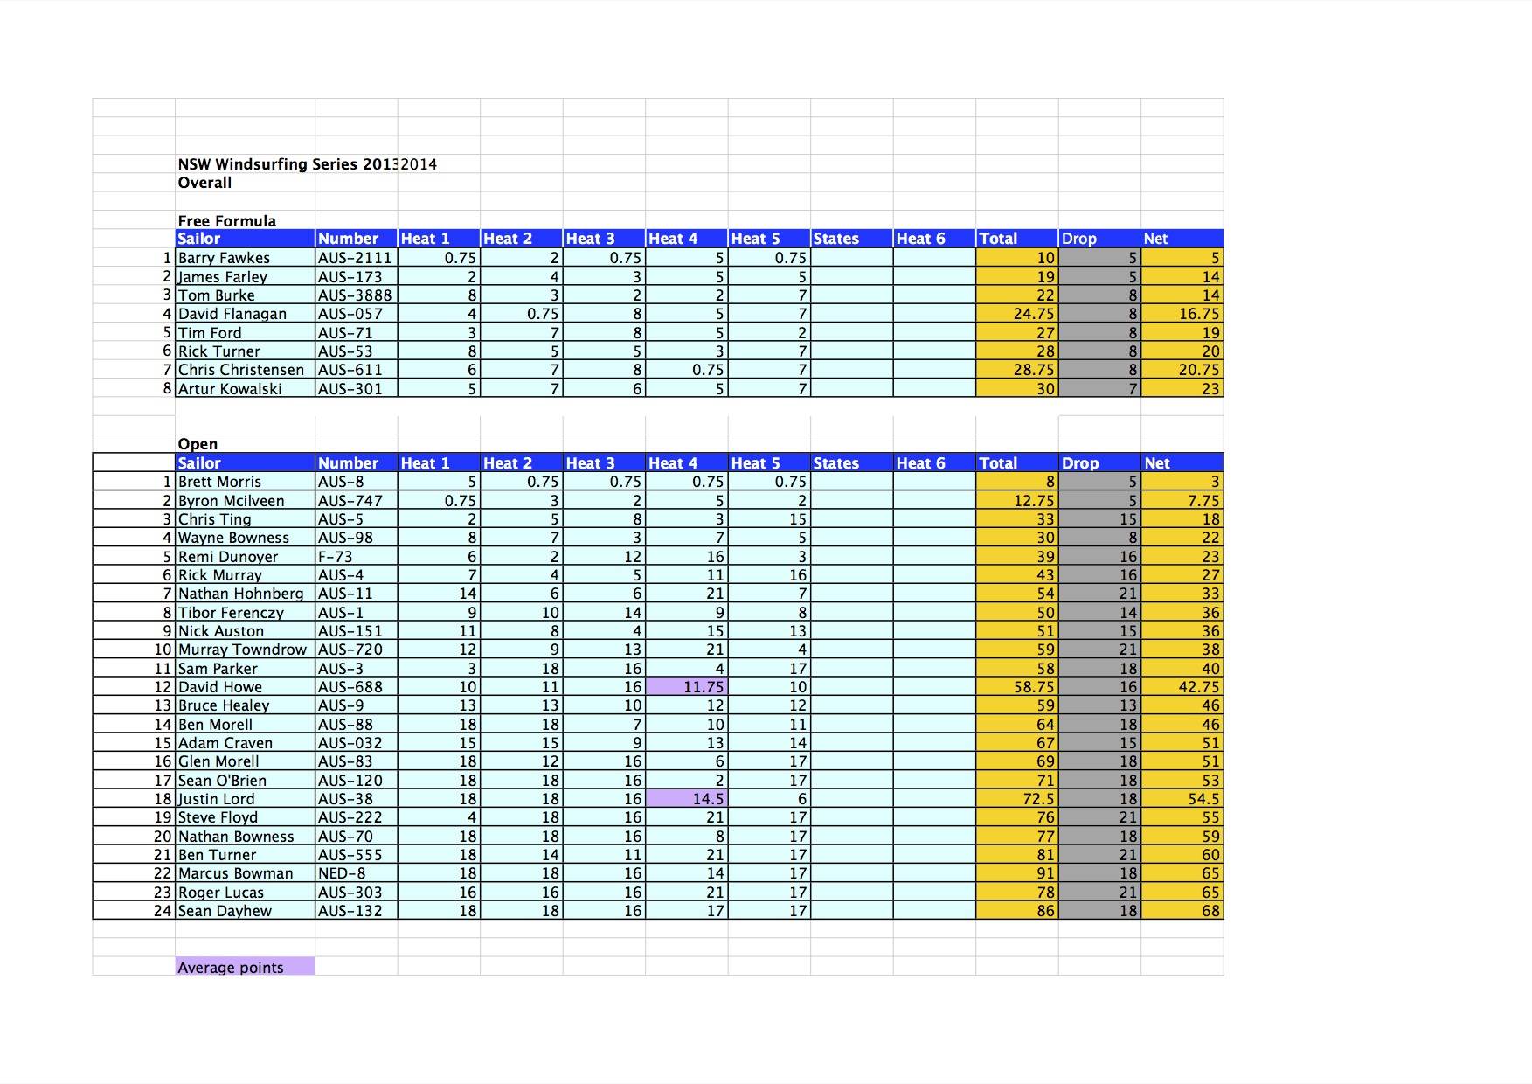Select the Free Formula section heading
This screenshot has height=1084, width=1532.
(227, 221)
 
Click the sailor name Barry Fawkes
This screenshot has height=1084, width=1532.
(225, 258)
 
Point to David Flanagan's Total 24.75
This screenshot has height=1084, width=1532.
(1035, 314)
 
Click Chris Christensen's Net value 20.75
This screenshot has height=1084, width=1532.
(1198, 370)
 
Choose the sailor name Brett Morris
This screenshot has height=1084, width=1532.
(219, 482)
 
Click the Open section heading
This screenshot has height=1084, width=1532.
(198, 444)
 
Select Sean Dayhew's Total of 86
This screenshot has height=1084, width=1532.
(1045, 911)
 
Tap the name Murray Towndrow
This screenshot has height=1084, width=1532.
(242, 650)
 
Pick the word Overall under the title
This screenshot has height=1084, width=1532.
(204, 183)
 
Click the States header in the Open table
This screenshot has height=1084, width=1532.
(835, 463)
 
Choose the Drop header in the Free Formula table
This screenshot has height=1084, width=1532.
(1078, 239)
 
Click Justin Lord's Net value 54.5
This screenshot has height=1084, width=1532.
(1203, 799)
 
